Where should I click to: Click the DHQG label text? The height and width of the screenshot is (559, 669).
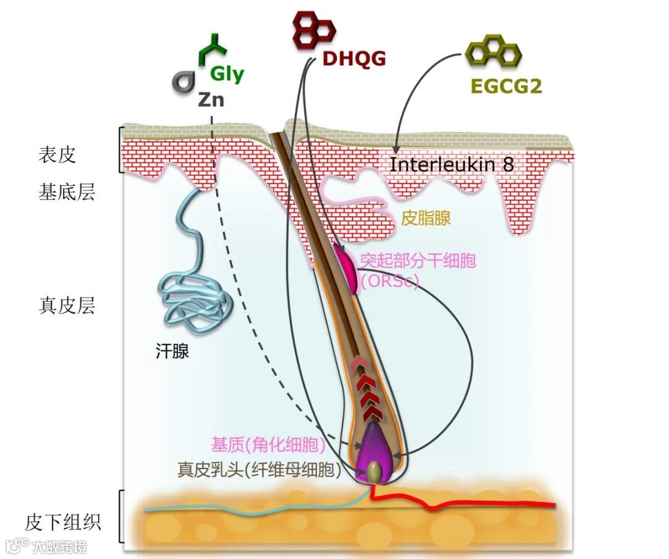tap(354, 59)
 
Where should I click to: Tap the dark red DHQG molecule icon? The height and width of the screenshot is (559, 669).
tap(313, 30)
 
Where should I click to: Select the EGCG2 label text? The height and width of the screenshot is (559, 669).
tap(506, 86)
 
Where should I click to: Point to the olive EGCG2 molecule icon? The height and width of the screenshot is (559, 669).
tap(493, 52)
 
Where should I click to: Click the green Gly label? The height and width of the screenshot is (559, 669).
tap(227, 74)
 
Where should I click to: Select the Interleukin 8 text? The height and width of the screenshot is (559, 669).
tap(452, 165)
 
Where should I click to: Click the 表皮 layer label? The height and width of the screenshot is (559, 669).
tap(57, 154)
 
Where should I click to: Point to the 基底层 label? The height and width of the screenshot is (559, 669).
tap(67, 193)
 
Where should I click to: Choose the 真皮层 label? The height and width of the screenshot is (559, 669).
tap(67, 306)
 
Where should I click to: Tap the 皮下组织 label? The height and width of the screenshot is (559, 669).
tap(63, 522)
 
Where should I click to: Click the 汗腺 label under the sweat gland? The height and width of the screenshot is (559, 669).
tap(172, 353)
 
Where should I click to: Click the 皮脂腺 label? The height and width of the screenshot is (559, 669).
tap(426, 218)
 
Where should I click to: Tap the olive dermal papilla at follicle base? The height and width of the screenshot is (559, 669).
tap(374, 472)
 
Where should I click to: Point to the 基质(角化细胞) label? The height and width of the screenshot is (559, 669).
tap(268, 444)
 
